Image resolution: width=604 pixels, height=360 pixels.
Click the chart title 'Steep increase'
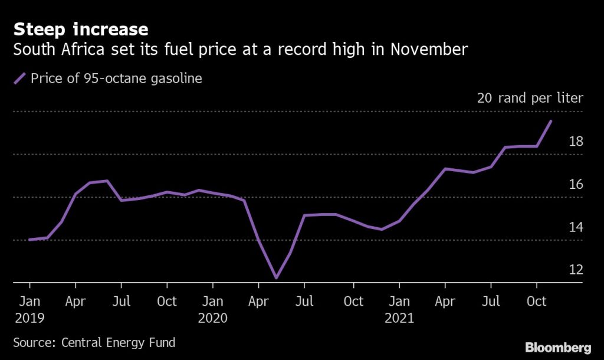[80, 29]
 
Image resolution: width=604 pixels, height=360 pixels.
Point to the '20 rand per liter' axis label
[530, 98]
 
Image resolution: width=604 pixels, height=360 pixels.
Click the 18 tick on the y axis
[576, 142]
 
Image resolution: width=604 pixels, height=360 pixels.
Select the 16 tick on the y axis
[576, 185]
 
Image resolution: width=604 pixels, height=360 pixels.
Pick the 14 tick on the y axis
[576, 227]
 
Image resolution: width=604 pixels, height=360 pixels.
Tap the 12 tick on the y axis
[576, 270]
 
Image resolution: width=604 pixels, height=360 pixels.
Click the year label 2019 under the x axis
[29, 318]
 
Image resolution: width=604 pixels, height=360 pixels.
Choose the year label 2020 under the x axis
[213, 318]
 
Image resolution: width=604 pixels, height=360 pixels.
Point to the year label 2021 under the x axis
[399, 318]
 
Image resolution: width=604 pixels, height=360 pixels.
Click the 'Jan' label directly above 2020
[213, 302]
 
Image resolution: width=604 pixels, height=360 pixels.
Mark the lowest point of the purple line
[275, 277]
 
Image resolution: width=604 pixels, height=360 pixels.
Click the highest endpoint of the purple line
[551, 121]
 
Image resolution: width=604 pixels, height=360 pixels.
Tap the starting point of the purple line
[29, 240]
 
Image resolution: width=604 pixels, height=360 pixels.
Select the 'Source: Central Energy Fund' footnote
[94, 342]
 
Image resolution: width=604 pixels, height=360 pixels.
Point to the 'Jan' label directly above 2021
[399, 302]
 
